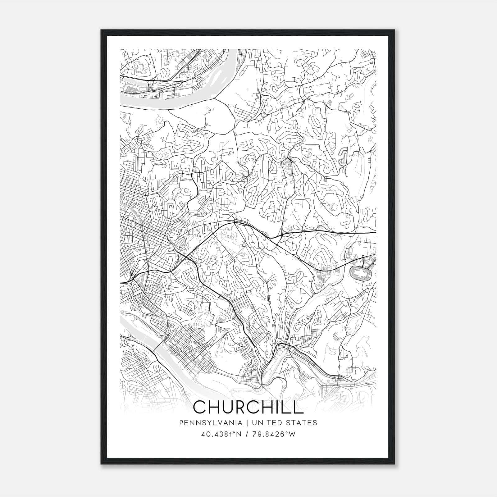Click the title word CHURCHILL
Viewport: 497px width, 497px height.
(248, 407)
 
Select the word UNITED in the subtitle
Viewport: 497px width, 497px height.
(266, 423)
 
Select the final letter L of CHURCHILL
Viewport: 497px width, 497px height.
(298, 407)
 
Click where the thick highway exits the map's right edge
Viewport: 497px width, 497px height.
(376, 232)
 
